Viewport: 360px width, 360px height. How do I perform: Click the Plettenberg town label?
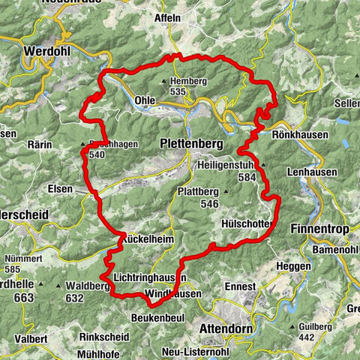(193, 142)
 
